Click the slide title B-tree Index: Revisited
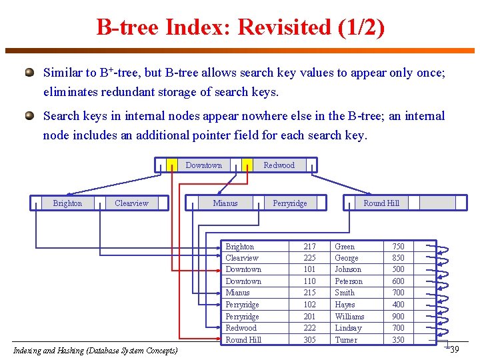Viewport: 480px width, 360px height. click(x=240, y=27)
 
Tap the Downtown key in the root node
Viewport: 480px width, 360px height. click(x=203, y=165)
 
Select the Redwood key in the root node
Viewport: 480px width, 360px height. click(x=279, y=165)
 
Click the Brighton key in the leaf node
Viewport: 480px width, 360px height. click(x=67, y=203)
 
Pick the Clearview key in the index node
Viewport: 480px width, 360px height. click(x=131, y=203)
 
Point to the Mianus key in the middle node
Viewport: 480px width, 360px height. click(x=225, y=203)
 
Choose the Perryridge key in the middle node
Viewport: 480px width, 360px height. click(x=290, y=203)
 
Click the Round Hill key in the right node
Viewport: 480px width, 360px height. click(x=381, y=203)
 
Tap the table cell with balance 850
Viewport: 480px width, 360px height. click(x=398, y=258)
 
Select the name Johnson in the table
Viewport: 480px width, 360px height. click(x=348, y=269)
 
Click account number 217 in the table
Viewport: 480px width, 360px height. click(x=309, y=247)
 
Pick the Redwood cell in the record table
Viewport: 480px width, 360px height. click(x=241, y=328)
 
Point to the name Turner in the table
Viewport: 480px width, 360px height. click(x=346, y=340)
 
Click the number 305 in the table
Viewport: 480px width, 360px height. click(x=309, y=340)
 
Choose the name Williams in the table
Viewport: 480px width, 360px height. click(x=349, y=317)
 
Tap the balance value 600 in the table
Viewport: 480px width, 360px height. click(x=398, y=281)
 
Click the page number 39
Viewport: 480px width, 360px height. click(x=454, y=350)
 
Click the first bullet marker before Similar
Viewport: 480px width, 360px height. click(x=29, y=71)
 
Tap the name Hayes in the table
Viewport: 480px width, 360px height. click(x=345, y=305)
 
